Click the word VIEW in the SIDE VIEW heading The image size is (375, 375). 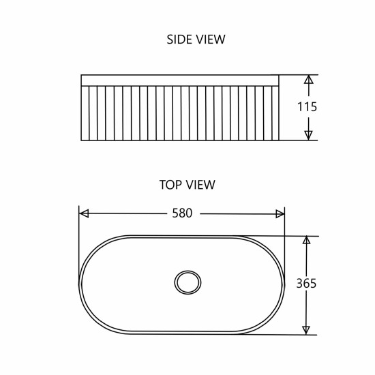(x=210, y=40)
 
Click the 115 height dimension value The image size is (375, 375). (x=307, y=107)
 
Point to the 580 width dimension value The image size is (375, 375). (x=182, y=213)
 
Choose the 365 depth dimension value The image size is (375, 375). (x=307, y=284)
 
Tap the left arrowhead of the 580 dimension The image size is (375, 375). (x=84, y=213)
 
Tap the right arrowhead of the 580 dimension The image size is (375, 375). (x=280, y=213)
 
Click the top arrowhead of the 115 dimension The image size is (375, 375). (x=308, y=79)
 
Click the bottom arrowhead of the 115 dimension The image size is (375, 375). (x=308, y=135)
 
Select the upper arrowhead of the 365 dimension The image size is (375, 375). (x=307, y=241)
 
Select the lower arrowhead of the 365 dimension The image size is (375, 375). (x=307, y=330)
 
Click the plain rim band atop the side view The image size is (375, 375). (x=180, y=80)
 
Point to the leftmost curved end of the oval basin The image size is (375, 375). (x=81, y=284)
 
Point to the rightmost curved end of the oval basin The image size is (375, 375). (x=284, y=284)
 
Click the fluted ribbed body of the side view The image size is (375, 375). (x=180, y=113)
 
